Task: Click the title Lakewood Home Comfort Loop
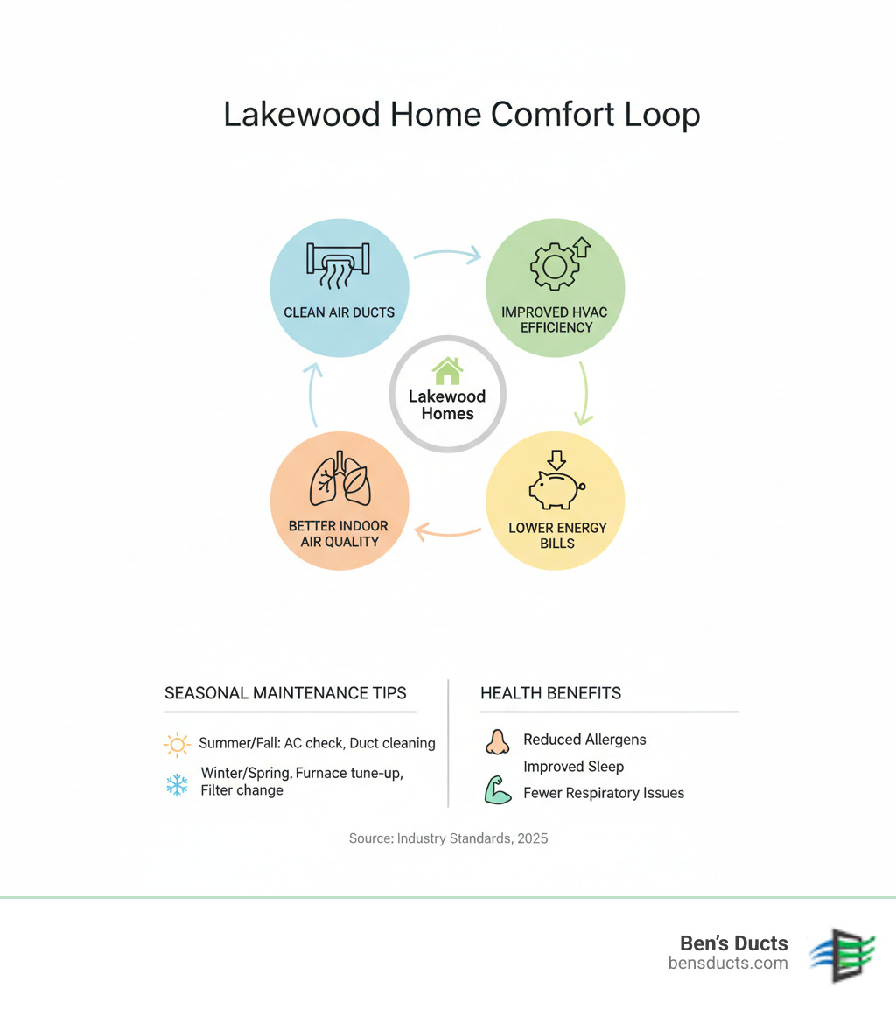point(461,115)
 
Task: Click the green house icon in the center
point(447,370)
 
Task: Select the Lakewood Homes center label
point(447,404)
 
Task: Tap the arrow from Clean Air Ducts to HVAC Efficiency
point(447,255)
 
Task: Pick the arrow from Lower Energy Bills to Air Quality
point(447,530)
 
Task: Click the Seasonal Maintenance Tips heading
point(285,693)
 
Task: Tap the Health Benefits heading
point(550,693)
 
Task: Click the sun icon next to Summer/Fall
point(177,745)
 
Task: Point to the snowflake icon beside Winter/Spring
point(177,784)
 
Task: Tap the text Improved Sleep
point(573,767)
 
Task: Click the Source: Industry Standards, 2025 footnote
point(448,838)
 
